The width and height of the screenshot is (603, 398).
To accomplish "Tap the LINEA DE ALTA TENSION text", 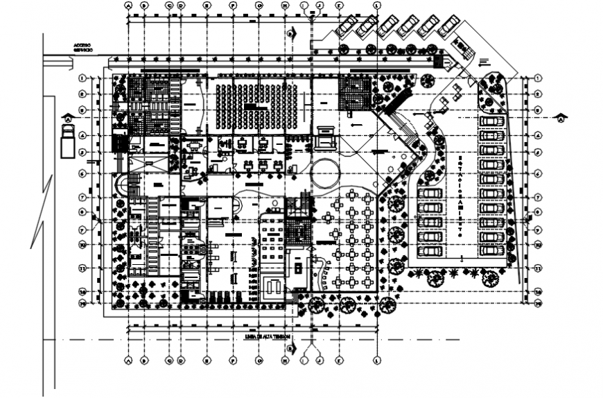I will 265,336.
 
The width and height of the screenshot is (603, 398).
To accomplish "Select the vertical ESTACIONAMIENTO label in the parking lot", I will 459,198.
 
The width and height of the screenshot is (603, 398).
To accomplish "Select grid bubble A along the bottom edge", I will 128,361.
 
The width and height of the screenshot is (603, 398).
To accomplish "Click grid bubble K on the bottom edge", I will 338,361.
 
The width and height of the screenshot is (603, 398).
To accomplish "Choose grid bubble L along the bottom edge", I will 377,361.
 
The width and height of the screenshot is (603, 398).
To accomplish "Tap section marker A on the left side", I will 68,118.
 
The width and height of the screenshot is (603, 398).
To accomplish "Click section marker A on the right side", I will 560,118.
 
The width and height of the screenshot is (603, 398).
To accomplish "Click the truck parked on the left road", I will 67,145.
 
